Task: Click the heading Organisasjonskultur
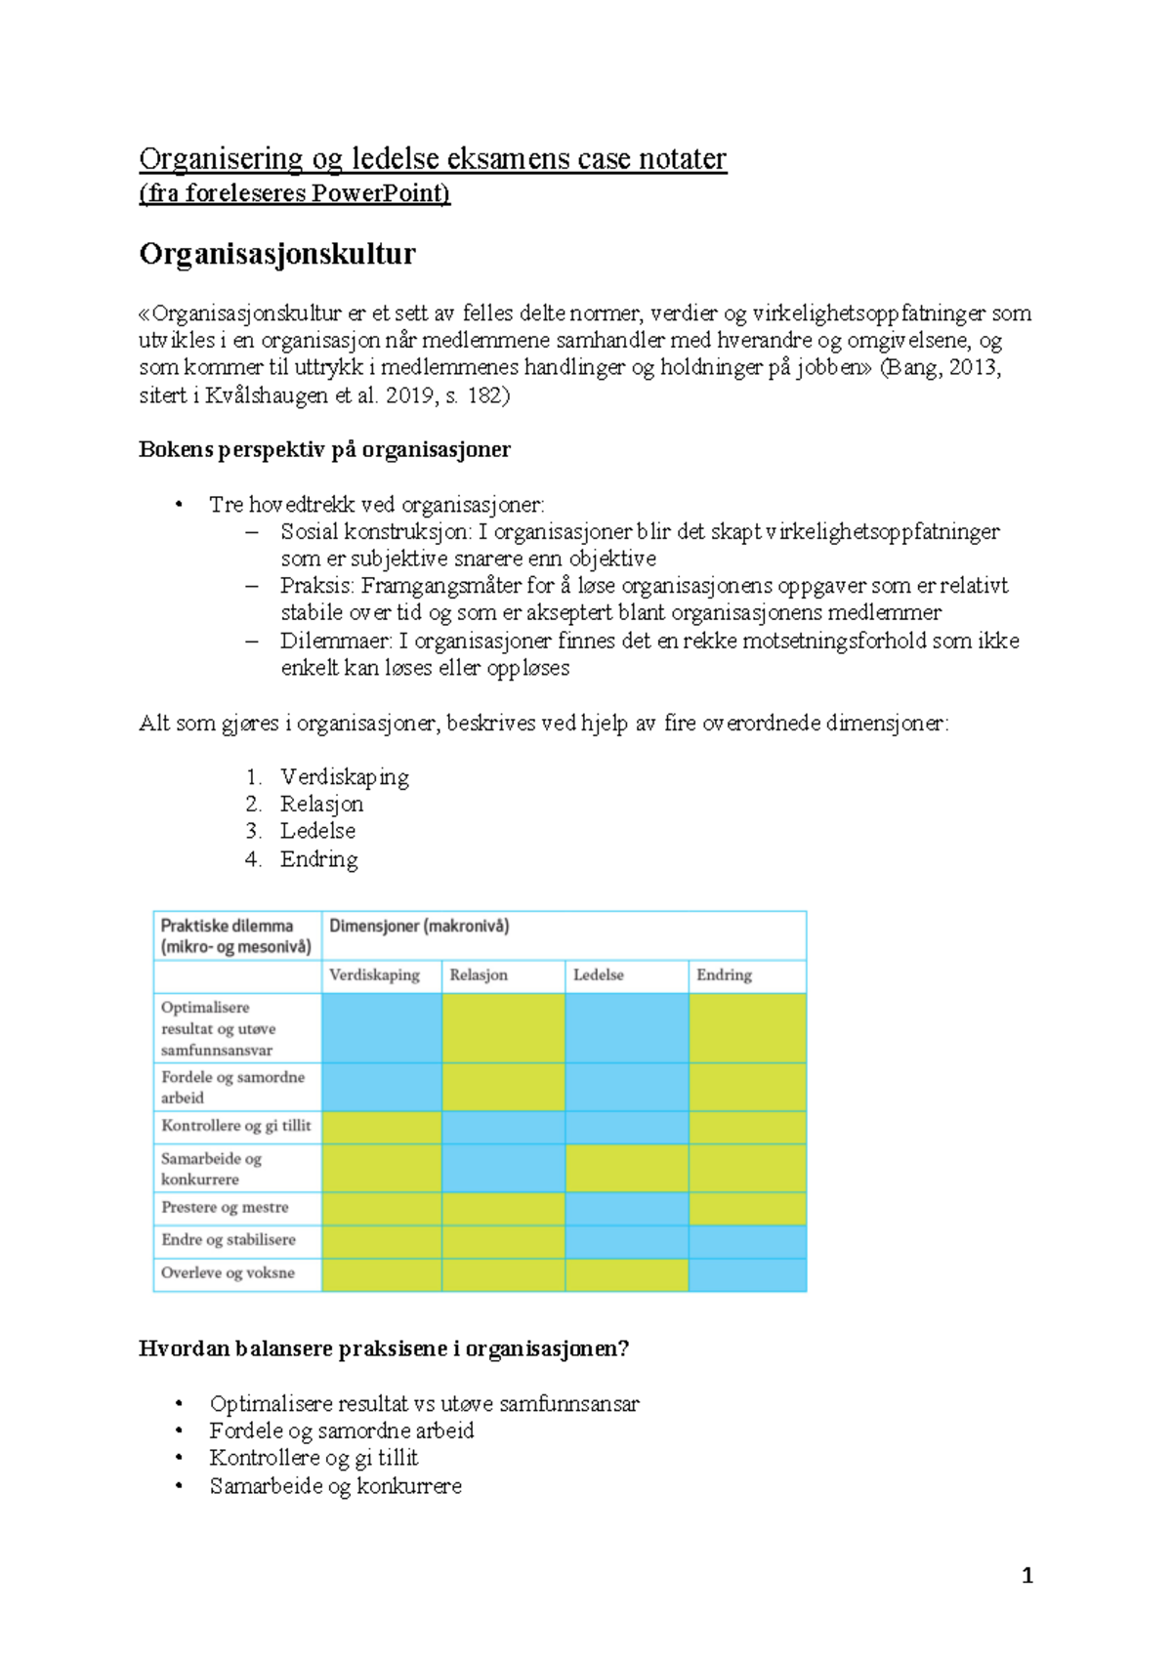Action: [x=277, y=254]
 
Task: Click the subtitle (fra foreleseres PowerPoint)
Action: [x=294, y=193]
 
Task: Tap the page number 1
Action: [x=1026, y=1575]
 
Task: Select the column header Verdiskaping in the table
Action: [x=374, y=974]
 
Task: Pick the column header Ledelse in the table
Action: [x=598, y=974]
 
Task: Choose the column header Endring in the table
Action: [x=724, y=974]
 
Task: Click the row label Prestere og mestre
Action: [x=225, y=1208]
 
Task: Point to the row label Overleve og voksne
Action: [x=228, y=1273]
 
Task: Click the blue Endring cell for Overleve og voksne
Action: [x=747, y=1274]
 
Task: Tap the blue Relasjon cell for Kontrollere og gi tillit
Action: [x=503, y=1127]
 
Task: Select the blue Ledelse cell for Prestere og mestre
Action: [x=626, y=1209]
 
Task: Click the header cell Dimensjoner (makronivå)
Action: [x=419, y=926]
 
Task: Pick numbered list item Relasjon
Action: [x=321, y=804]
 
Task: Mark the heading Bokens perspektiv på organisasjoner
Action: [x=324, y=450]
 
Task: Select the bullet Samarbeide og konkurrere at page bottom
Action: [x=335, y=1486]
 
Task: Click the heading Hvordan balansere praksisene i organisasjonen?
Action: [x=384, y=1349]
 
